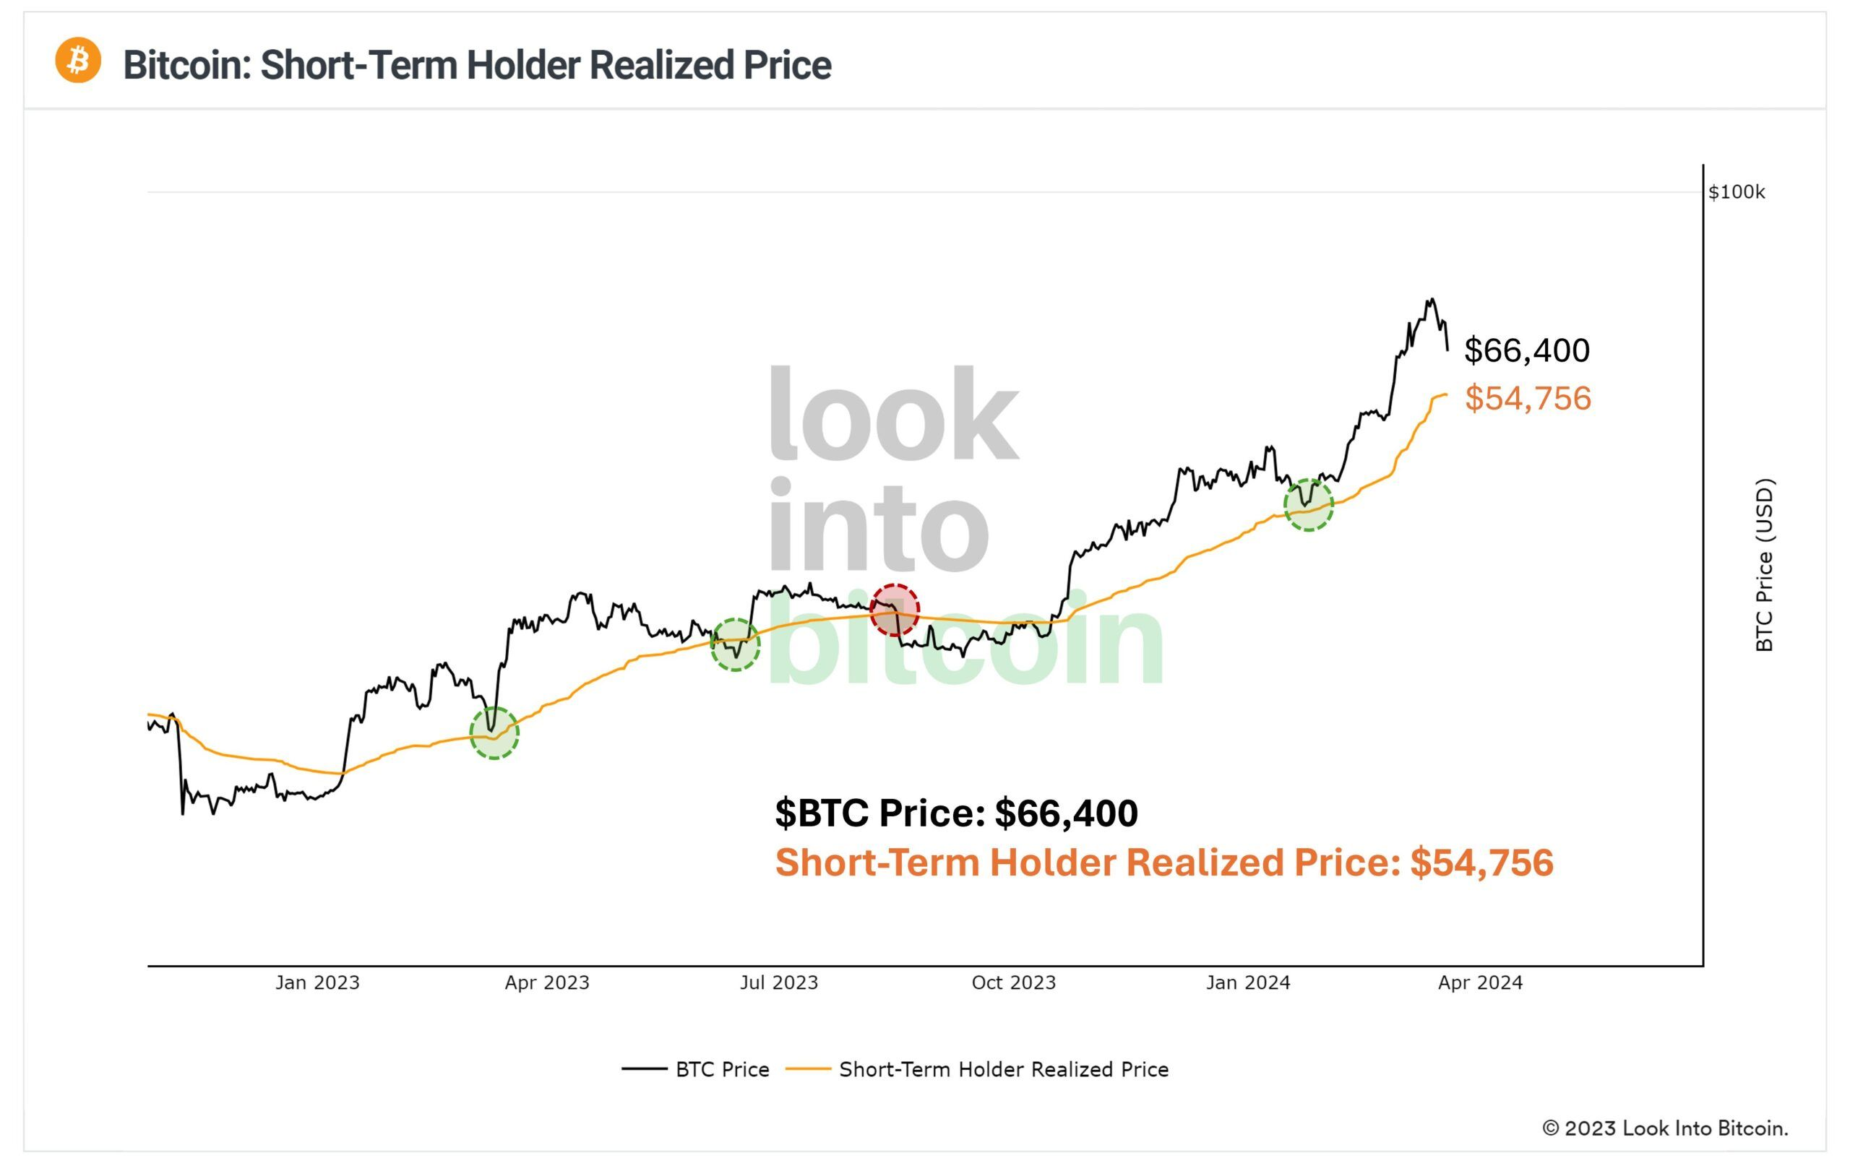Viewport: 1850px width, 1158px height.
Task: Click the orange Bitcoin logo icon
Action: [77, 60]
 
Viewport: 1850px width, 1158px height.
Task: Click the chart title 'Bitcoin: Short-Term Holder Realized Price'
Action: [476, 65]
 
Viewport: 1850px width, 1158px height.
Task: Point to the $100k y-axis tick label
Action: [1736, 192]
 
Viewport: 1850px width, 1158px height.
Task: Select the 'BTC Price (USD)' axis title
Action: [1763, 565]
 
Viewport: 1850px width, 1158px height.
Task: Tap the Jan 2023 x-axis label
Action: [317, 982]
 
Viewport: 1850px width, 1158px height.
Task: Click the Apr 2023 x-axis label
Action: [547, 982]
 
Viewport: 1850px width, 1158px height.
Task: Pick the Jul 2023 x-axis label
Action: [778, 982]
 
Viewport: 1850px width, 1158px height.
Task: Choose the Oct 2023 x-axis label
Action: [1012, 982]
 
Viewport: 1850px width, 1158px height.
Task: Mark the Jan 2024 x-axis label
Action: [1248, 982]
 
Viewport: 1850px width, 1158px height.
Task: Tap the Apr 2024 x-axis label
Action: [1480, 982]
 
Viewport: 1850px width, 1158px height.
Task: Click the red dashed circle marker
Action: [895, 610]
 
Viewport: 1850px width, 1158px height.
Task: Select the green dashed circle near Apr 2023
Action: [494, 733]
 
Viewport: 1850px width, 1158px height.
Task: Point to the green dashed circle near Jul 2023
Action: [736, 644]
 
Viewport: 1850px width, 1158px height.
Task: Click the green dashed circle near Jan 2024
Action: [1309, 505]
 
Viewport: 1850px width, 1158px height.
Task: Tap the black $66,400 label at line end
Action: [1527, 351]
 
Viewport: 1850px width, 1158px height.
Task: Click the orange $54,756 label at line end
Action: [1528, 399]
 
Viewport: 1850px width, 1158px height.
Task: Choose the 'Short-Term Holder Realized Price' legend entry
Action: [978, 1069]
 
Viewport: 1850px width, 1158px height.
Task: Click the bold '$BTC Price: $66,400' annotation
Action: [956, 813]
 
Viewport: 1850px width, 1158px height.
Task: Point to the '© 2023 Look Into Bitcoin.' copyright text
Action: [1664, 1128]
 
